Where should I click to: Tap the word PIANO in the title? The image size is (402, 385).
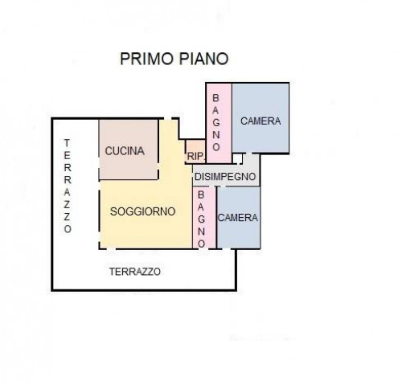[x=203, y=59]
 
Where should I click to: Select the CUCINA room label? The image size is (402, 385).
[x=125, y=151]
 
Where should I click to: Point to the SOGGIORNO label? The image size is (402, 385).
[x=142, y=211]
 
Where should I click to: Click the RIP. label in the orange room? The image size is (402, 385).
[x=195, y=156]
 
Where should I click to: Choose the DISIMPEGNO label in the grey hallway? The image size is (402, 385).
[x=225, y=177]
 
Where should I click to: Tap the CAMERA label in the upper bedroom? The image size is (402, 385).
[x=260, y=121]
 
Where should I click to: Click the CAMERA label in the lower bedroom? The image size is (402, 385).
[x=238, y=218]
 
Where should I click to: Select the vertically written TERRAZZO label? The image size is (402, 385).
[x=68, y=186]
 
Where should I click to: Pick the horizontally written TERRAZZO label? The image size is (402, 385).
[x=135, y=272]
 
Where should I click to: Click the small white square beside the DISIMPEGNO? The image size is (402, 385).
[x=237, y=158]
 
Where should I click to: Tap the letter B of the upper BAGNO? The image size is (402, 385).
[x=215, y=98]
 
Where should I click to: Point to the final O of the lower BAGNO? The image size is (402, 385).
[x=202, y=244]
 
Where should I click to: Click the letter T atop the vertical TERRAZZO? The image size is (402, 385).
[x=67, y=143]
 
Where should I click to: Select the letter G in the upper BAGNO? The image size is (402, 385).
[x=215, y=122]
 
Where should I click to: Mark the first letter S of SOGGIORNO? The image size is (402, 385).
[x=113, y=211]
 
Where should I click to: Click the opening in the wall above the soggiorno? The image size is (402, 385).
[x=167, y=118]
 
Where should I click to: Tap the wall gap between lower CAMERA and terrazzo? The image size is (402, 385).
[x=227, y=249]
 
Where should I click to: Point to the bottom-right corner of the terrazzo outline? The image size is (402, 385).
[x=236, y=289]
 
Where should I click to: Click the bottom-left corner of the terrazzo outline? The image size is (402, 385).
[x=52, y=289]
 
